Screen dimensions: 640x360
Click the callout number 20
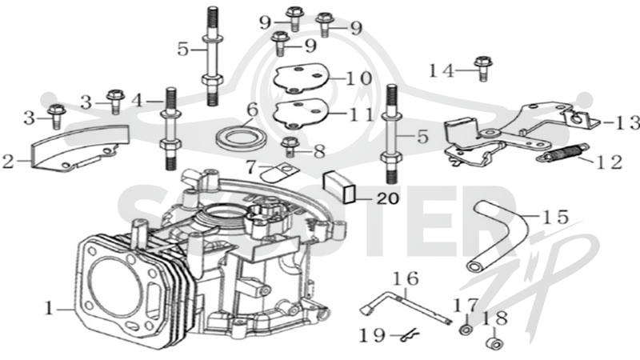[388, 198]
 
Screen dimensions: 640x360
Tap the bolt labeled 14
[483, 68]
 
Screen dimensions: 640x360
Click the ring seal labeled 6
[241, 138]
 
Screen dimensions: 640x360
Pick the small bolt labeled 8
[290, 146]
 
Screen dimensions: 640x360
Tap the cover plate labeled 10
[302, 78]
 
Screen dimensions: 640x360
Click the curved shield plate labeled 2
[79, 148]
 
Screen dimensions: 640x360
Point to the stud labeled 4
[170, 129]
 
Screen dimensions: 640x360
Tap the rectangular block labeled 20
[339, 186]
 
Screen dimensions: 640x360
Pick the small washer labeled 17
[466, 329]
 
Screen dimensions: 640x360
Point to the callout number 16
[406, 278]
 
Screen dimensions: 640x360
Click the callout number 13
[622, 122]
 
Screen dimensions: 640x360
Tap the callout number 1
[50, 309]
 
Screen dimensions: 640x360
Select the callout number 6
[253, 110]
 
